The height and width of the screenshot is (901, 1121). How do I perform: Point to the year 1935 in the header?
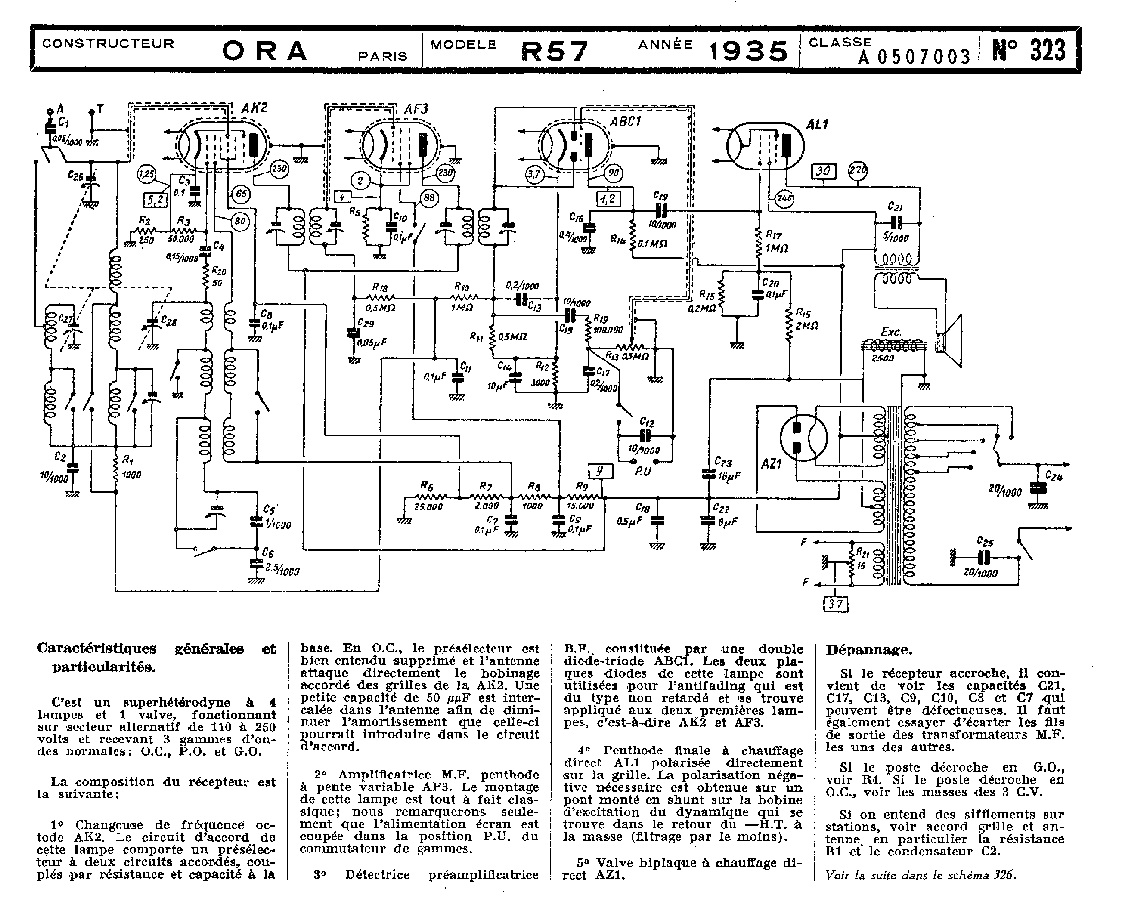click(x=748, y=51)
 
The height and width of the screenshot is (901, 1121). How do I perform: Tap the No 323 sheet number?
click(x=1029, y=50)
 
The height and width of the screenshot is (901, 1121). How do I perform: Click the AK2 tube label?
click(x=254, y=108)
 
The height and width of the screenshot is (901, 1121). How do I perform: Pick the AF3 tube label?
click(x=416, y=109)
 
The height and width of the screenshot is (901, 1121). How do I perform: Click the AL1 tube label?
click(x=817, y=125)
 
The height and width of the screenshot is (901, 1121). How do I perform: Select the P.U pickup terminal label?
click(x=644, y=471)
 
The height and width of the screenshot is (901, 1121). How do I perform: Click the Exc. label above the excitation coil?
click(x=891, y=332)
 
